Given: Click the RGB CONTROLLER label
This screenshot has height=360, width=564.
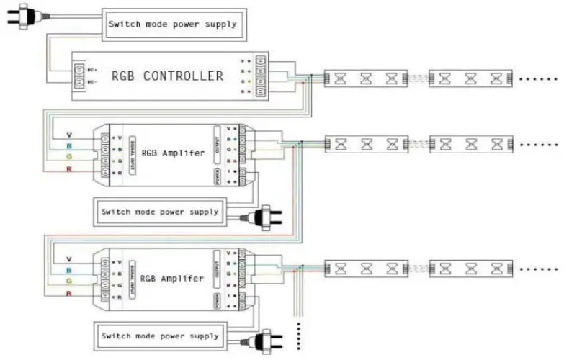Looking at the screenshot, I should (166, 76).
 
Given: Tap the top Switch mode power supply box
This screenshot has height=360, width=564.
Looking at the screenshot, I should (172, 24).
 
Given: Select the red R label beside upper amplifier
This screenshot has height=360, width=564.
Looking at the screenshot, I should (69, 169).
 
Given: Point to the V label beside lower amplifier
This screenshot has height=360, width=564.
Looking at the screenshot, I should (69, 258).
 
